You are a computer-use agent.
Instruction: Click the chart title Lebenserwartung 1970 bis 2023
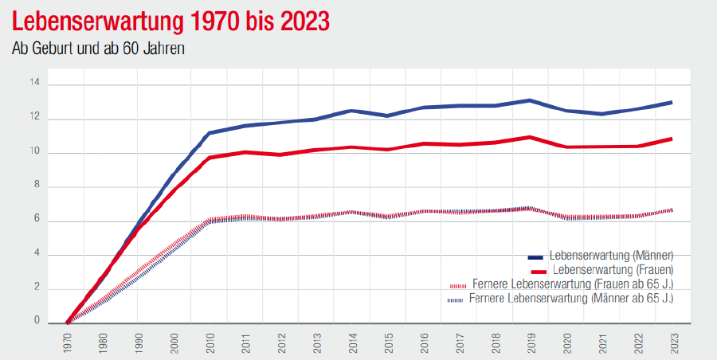[x=172, y=22]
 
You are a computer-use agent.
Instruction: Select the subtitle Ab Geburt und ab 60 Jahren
[x=99, y=49]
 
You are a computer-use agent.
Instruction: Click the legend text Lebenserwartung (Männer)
[x=612, y=256]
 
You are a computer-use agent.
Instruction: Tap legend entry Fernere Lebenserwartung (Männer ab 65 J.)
[x=571, y=299]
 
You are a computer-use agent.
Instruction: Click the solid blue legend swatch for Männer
[x=536, y=256]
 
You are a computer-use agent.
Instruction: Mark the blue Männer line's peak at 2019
[x=530, y=100]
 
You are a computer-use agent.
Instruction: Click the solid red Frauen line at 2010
[x=209, y=158]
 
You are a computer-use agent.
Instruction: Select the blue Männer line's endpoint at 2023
[x=672, y=102]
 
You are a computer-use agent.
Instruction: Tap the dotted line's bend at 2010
[x=209, y=220]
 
